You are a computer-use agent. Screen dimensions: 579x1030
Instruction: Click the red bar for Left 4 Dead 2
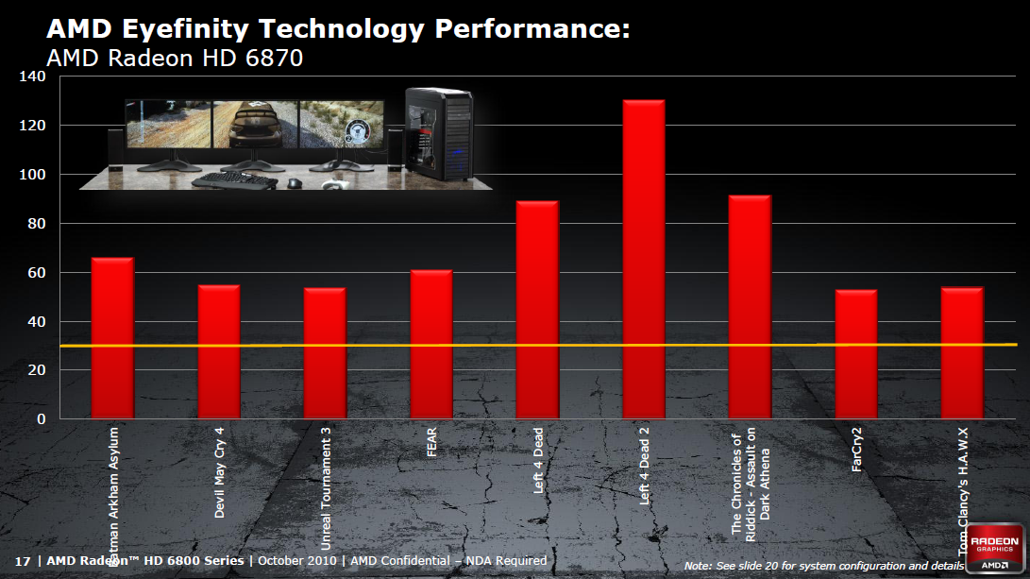(x=644, y=259)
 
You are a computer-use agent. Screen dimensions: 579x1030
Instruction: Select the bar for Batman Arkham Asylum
(x=112, y=337)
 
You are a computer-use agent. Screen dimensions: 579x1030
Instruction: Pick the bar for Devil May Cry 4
(x=218, y=351)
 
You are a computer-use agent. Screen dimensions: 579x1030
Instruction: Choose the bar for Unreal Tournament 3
(x=325, y=352)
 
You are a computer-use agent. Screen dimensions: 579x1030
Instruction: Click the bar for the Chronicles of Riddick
(x=750, y=306)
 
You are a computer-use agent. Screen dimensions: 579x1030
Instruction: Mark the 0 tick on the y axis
(x=42, y=419)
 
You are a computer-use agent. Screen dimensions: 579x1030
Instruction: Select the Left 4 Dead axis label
(x=538, y=460)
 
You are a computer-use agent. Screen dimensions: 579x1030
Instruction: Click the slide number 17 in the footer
(x=23, y=560)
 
